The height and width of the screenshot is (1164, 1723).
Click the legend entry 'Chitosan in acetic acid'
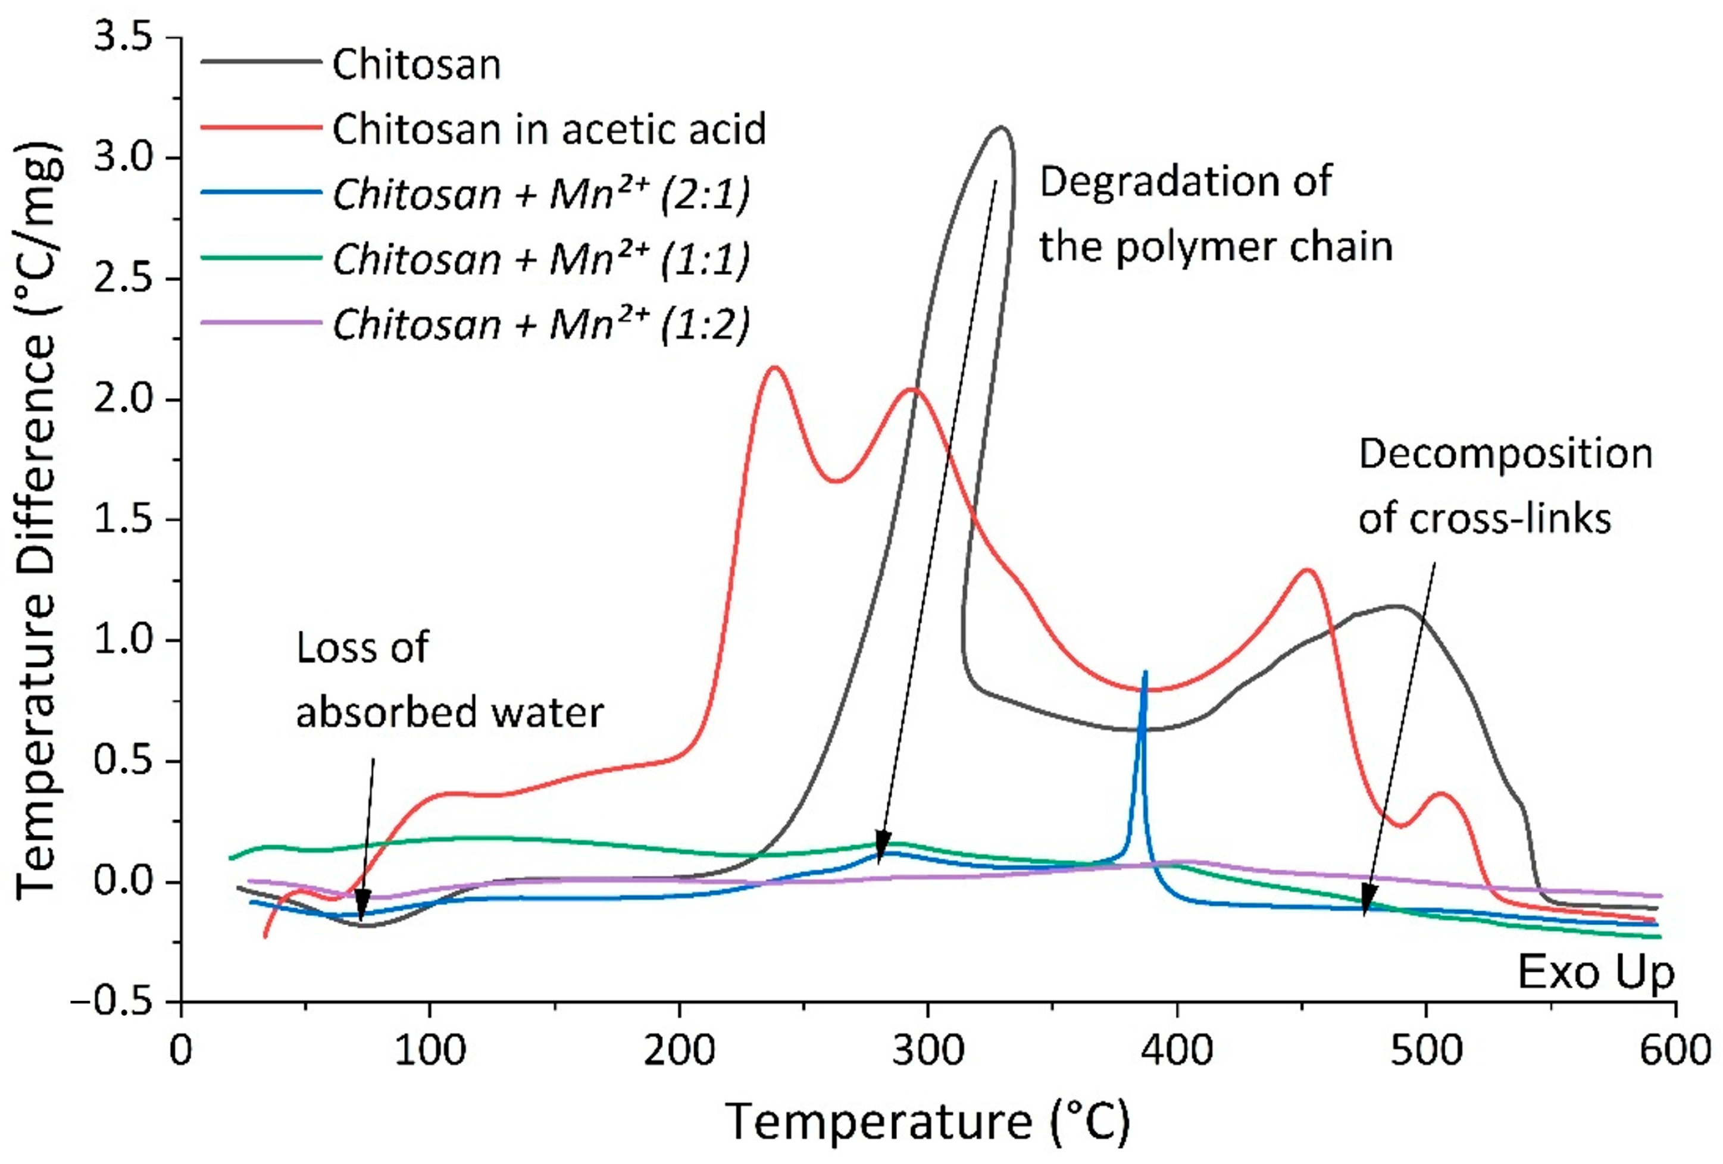549,129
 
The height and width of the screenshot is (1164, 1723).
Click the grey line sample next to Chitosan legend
261,62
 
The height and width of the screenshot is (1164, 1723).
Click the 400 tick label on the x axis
1177,1052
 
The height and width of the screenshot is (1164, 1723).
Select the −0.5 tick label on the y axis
111,1002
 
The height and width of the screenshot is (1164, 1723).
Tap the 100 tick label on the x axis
430,1052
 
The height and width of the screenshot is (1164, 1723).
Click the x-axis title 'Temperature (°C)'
927,1122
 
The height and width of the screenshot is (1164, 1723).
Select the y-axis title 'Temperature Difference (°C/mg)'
37,519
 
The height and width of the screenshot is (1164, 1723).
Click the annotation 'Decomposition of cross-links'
1505,486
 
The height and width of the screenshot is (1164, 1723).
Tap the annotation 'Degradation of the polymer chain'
1216,214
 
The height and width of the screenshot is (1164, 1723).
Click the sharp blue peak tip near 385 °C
1146,672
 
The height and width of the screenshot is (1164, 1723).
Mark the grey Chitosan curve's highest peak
1002,127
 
